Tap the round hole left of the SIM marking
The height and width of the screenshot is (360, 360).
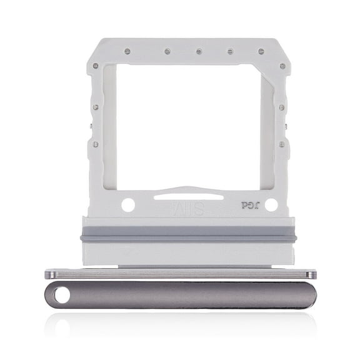pos(127,204)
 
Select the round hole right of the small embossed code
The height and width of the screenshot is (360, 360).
pos(271,204)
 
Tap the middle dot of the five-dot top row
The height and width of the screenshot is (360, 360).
pos(198,51)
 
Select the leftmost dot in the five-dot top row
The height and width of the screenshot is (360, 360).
pos(127,51)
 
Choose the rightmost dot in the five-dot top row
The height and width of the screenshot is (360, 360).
pos(261,51)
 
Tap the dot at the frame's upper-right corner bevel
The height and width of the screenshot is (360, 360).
pos(282,66)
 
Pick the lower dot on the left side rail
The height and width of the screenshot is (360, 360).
pos(95,144)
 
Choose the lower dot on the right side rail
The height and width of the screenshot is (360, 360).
pos(282,144)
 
